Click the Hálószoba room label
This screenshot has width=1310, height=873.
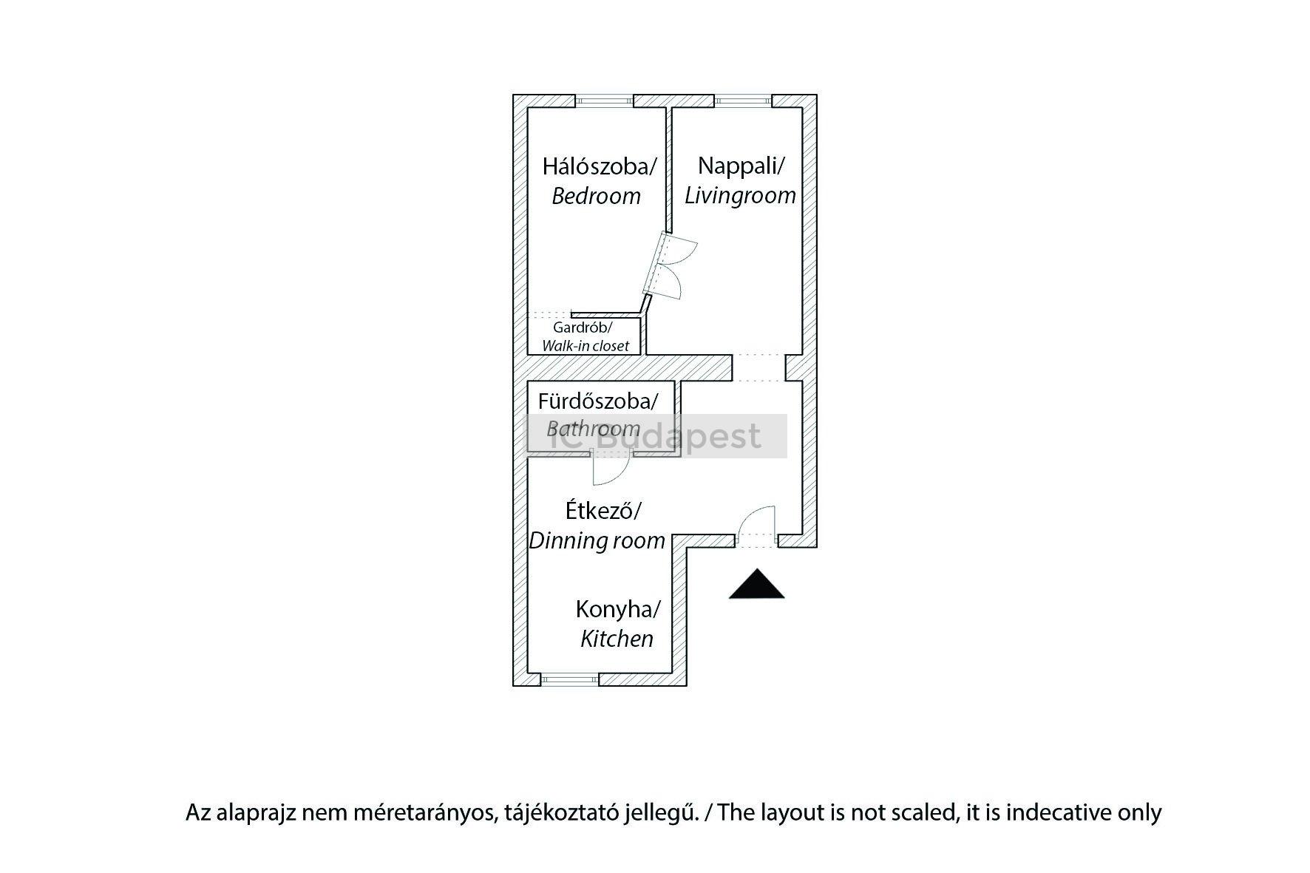(599, 166)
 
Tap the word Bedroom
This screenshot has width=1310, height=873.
(596, 197)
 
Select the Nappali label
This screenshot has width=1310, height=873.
(740, 166)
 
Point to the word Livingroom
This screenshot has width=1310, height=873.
(740, 195)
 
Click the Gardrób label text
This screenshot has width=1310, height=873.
(583, 327)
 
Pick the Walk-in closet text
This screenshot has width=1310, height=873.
(586, 346)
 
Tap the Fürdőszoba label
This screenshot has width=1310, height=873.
(597, 401)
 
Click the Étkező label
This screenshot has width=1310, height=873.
(603, 511)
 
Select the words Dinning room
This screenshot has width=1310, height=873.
(597, 540)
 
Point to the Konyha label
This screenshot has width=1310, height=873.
(618, 610)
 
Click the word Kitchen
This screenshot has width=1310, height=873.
(617, 639)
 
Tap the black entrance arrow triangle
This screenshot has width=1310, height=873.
(756, 584)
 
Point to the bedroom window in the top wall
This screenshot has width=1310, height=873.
(605, 101)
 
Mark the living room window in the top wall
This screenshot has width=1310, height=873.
(743, 101)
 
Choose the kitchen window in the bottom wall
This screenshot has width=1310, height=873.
(569, 679)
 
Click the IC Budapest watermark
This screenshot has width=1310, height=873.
(656, 436)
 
